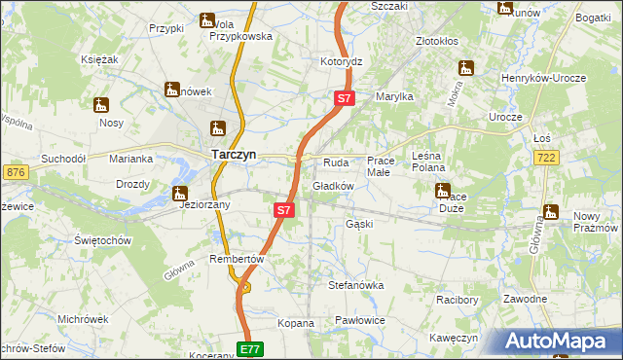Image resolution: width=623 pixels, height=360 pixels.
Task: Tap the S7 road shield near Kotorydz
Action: tap(344, 98)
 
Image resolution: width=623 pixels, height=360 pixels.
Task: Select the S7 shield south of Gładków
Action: tap(282, 209)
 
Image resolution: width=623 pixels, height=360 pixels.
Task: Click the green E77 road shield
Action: tap(250, 348)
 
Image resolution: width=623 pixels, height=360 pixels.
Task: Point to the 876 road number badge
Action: tap(15, 172)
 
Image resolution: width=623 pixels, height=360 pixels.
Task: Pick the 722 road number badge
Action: tap(572, 157)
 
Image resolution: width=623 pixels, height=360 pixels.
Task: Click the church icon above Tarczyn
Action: tap(219, 128)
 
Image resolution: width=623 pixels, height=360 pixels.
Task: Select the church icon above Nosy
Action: tap(102, 104)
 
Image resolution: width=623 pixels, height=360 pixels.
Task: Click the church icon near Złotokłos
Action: tap(466, 69)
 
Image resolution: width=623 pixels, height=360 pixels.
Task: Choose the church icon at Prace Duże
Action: tap(442, 191)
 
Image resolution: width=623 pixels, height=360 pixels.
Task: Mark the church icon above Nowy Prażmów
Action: tap(551, 211)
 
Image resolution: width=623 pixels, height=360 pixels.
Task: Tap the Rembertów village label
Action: tap(238, 259)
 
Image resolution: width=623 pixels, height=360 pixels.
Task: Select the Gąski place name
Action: tap(359, 224)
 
